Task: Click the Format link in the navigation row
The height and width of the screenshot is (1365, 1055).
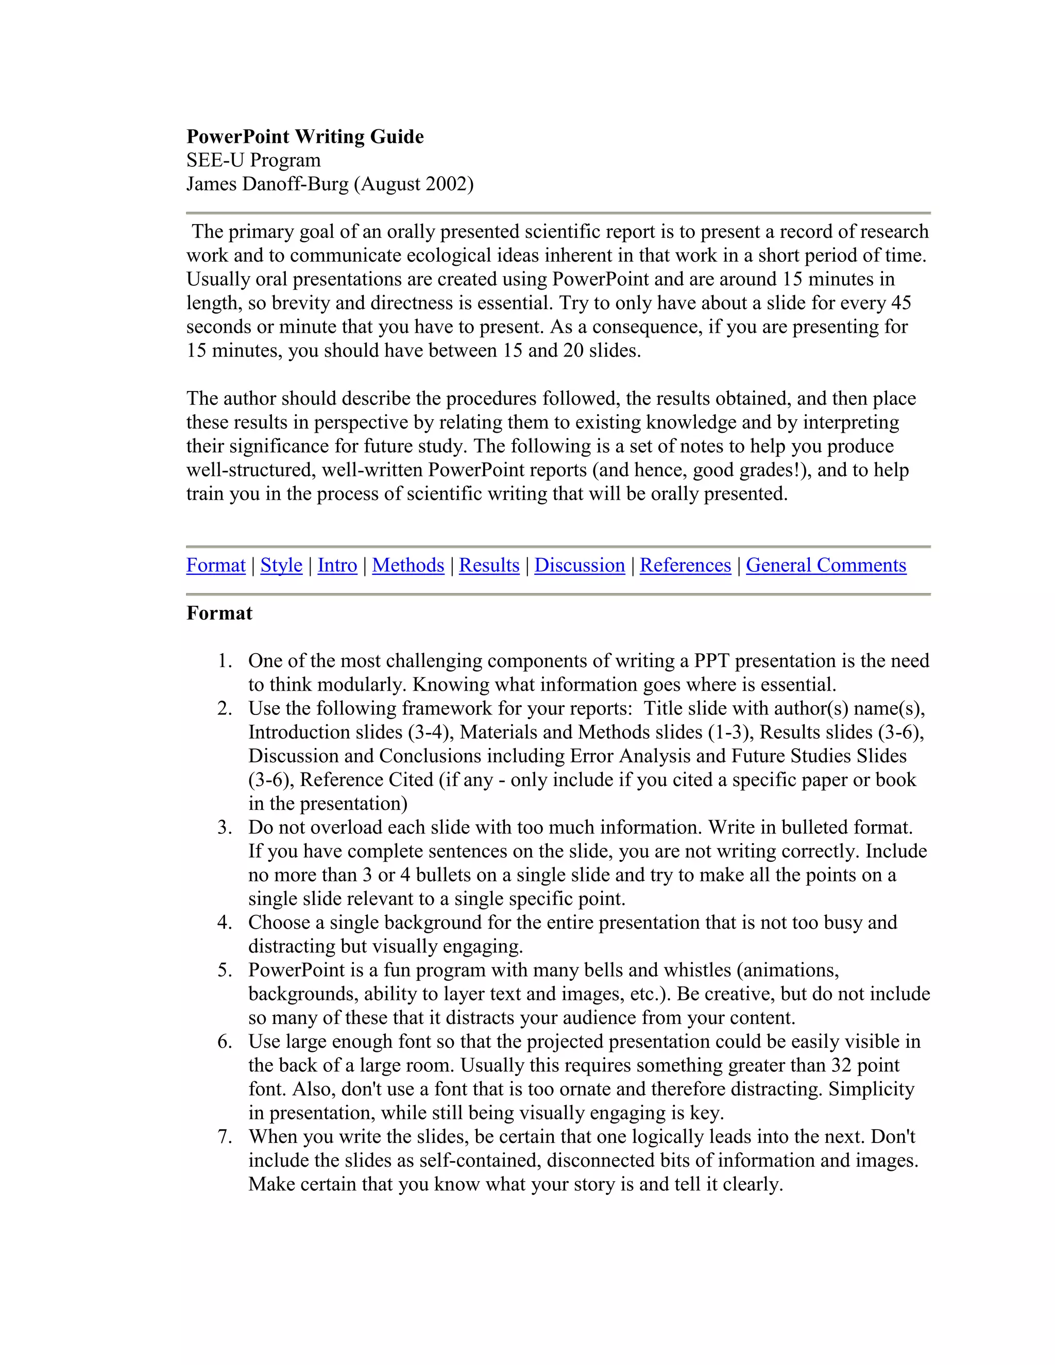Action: [216, 565]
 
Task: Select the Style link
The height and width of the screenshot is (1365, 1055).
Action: [281, 565]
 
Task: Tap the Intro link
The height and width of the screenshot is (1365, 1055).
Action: [337, 565]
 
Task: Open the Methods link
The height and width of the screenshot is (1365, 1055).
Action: [408, 565]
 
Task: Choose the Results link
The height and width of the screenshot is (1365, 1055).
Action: [489, 565]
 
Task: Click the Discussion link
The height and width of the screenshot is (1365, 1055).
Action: [580, 565]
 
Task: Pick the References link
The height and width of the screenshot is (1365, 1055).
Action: [685, 565]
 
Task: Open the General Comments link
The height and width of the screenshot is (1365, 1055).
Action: [826, 565]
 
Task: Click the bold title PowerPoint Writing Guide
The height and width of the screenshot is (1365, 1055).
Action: [305, 136]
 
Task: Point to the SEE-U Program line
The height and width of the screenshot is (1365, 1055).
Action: [253, 160]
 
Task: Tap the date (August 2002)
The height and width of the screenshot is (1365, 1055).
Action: [414, 184]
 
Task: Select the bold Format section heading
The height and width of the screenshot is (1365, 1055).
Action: [219, 613]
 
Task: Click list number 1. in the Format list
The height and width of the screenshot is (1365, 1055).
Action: [225, 661]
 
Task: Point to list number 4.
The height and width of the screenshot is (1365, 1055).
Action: [225, 923]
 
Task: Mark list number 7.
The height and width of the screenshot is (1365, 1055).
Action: [225, 1136]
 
